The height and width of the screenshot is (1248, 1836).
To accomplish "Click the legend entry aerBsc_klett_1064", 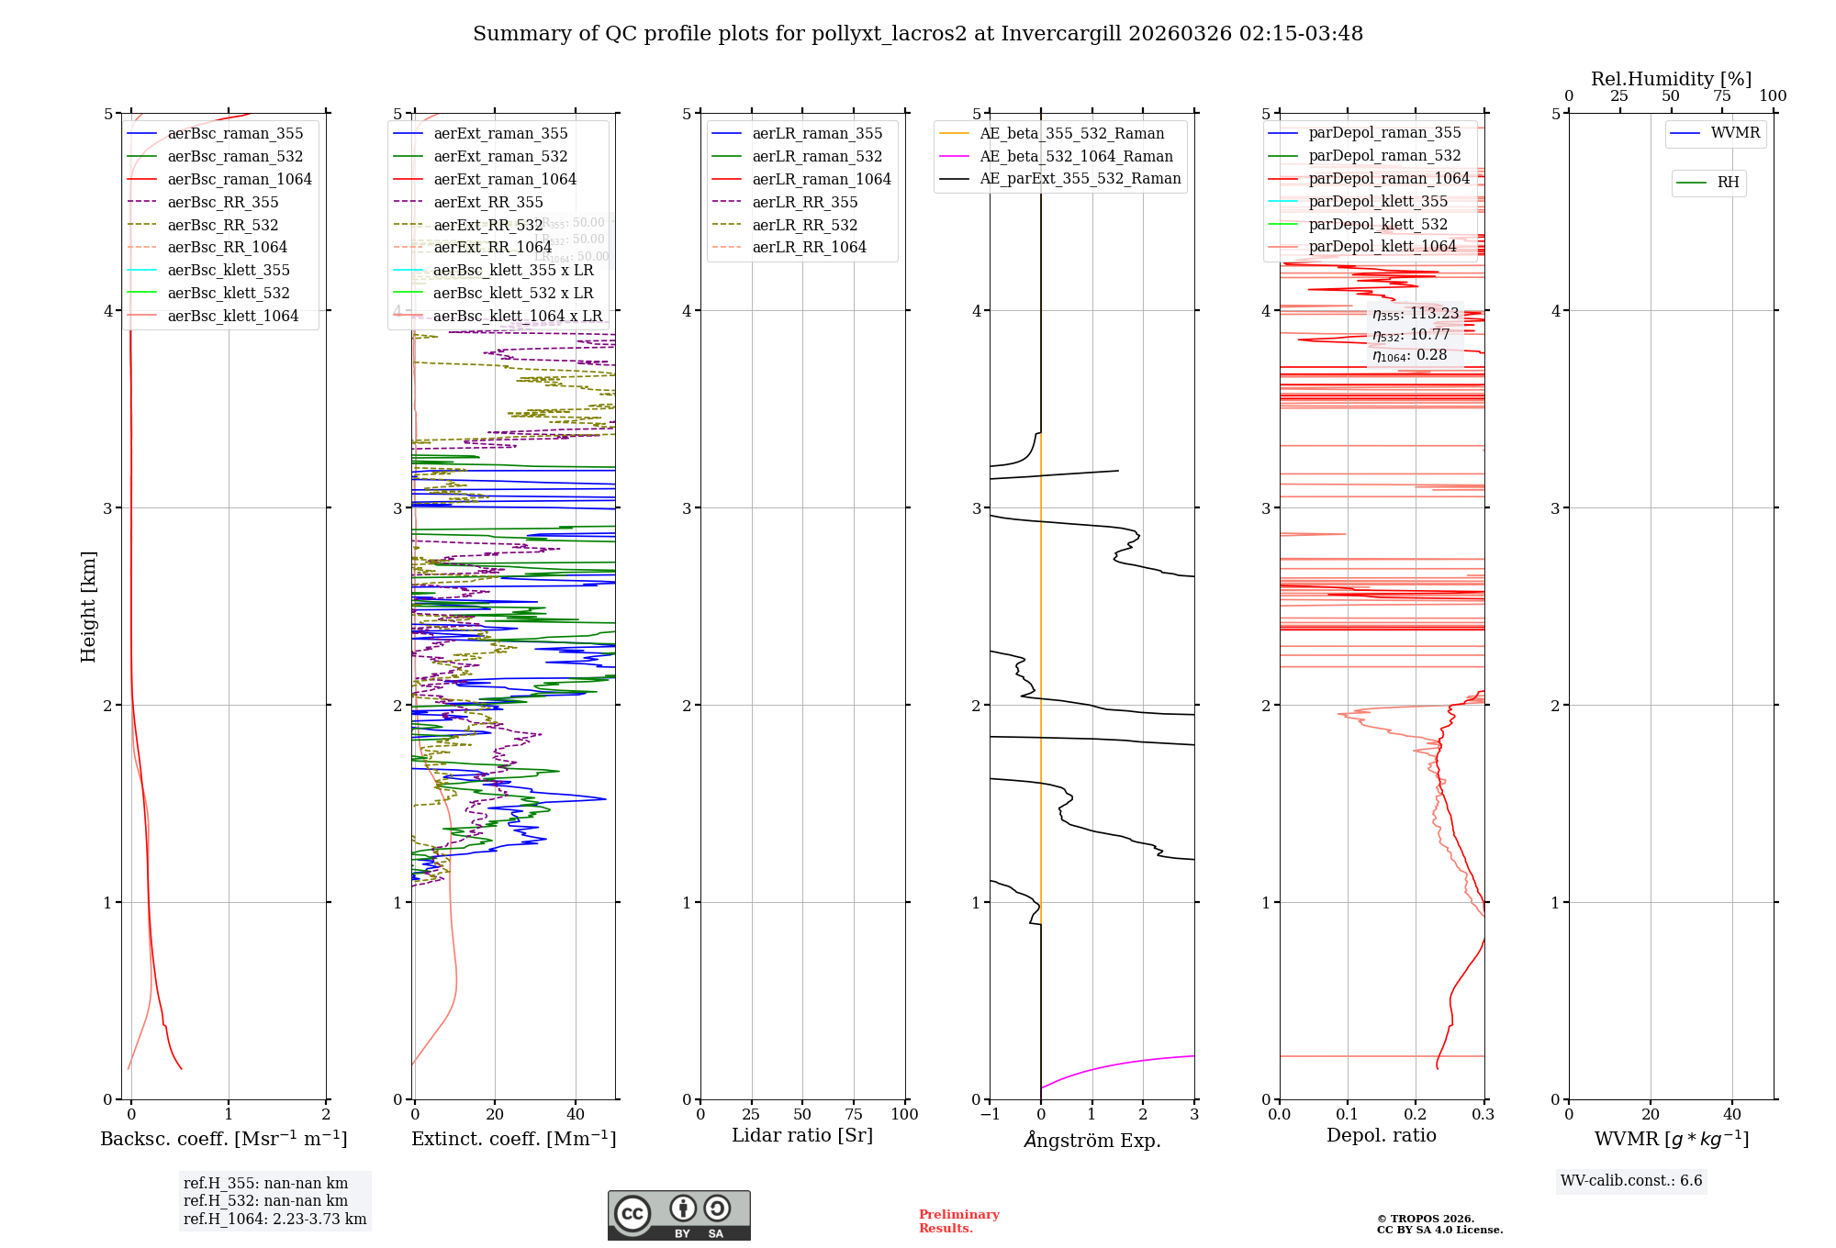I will [232, 316].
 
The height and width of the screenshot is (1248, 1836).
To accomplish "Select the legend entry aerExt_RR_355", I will [487, 202].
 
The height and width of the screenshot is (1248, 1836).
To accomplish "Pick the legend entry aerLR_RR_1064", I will [809, 247].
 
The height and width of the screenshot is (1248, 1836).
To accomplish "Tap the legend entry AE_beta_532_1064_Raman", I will [1076, 156].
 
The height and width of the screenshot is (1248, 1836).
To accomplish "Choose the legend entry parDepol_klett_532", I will [1377, 224].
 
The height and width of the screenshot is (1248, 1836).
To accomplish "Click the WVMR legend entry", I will [1734, 133].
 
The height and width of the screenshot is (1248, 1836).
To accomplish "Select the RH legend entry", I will [1728, 183].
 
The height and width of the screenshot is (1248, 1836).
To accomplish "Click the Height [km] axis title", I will [88, 606].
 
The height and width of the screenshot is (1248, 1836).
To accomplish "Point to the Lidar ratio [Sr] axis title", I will [801, 1135].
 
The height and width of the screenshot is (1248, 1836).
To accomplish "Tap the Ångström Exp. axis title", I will [1092, 1140].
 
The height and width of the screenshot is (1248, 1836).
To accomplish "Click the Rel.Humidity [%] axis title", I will [1671, 79].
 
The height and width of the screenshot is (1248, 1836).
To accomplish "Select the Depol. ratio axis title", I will [1381, 1135].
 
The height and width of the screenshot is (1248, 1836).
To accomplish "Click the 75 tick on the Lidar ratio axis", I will [854, 1114].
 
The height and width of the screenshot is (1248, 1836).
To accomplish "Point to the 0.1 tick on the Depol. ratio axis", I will [1347, 1114].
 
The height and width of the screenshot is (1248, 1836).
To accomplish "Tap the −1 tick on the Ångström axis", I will [990, 1114].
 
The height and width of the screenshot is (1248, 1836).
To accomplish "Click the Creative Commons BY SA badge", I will [678, 1215].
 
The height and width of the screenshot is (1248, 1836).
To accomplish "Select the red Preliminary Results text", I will [958, 1221].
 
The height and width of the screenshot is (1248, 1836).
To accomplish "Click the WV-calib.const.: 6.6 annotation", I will [1630, 1181].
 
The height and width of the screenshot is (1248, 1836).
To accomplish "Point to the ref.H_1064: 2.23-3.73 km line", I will [274, 1219].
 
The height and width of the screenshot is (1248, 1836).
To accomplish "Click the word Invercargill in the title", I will [1061, 34].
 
